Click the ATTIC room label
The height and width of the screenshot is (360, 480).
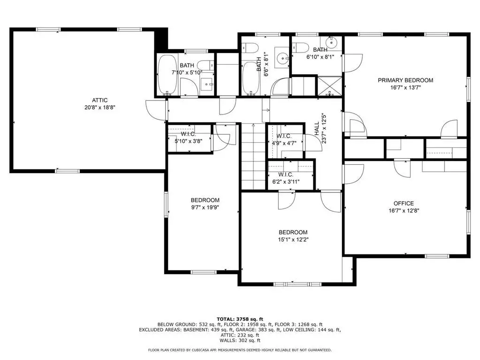click(100, 100)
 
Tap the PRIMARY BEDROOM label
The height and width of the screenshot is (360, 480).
click(405, 80)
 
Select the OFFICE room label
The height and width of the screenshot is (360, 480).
click(404, 203)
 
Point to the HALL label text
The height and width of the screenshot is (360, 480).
click(317, 129)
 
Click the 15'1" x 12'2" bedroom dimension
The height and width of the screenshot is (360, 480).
click(293, 240)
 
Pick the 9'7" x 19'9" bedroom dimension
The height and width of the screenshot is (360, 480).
click(205, 207)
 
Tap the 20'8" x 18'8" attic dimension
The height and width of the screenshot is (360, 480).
click(100, 107)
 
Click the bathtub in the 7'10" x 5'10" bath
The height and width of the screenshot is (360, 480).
click(167, 75)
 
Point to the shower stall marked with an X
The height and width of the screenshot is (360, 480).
click(329, 86)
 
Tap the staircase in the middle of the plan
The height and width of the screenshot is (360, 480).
click(253, 156)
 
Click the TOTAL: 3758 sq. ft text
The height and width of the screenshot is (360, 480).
click(240, 319)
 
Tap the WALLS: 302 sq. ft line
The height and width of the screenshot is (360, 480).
click(240, 340)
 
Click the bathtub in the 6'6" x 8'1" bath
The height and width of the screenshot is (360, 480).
click(251, 79)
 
